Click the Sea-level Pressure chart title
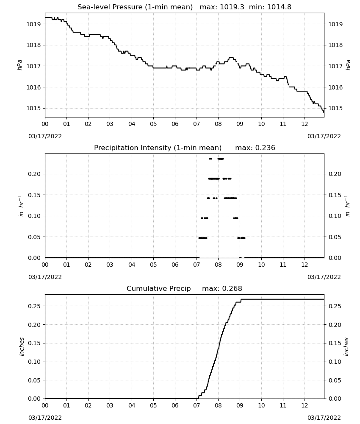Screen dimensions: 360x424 pos(185,7)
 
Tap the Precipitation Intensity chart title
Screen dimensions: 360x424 pos(185,148)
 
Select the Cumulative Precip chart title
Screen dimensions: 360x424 pos(185,288)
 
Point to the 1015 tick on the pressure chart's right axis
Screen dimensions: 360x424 pos(335,108)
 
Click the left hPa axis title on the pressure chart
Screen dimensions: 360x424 pos(20,65)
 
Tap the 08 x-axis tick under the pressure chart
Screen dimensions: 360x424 pos(218,124)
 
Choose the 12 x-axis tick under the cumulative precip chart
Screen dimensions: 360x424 pos(305,405)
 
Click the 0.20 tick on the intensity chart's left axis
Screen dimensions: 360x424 pos(34,174)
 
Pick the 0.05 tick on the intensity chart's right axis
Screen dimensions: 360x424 pos(335,237)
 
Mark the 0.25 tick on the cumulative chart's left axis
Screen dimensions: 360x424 pos(34,306)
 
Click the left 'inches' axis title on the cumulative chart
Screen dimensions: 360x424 pos(22,347)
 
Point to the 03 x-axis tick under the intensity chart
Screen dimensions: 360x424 pos(110,265)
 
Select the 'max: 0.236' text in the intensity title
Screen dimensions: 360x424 pos(255,148)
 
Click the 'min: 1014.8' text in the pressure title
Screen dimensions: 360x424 pos(270,7)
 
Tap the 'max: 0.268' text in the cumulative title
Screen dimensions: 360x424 pos(222,288)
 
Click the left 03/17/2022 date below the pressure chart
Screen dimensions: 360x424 pos(45,136)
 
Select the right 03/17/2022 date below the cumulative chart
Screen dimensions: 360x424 pos(324,418)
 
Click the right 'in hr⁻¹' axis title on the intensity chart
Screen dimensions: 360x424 pos(347,206)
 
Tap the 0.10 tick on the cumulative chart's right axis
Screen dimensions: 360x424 pos(335,362)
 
